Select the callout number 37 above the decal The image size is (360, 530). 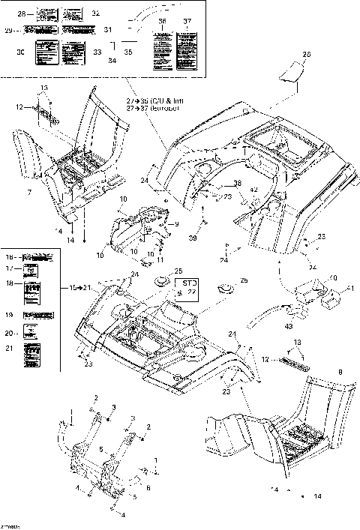tap(187, 22)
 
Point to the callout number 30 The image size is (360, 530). tap(20, 52)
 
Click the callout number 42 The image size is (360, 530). tap(253, 190)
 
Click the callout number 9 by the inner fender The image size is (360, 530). tap(176, 224)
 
